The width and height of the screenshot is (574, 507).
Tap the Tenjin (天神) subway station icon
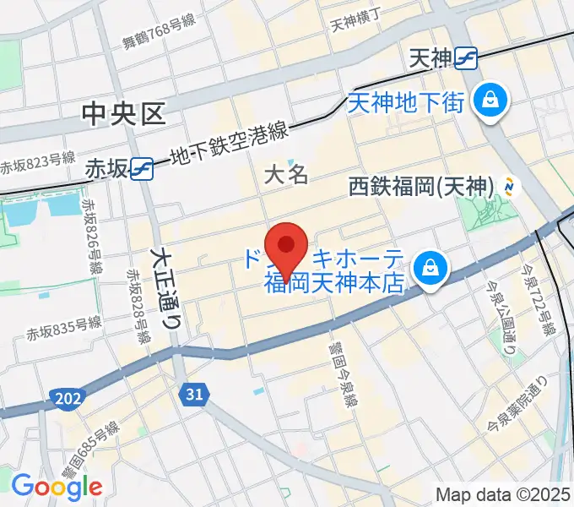click(466, 57)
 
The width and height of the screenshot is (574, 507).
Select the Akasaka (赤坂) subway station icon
click(142, 169)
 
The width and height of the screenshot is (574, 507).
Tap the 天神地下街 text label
click(406, 103)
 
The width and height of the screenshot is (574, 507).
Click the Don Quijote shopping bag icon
click(430, 268)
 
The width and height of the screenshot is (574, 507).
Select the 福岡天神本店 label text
click(335, 284)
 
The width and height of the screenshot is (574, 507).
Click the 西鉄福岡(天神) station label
click(421, 186)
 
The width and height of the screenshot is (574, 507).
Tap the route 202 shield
click(63, 396)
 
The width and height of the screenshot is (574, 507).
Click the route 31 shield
click(194, 393)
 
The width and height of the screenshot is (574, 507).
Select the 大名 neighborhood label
click(286, 176)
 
